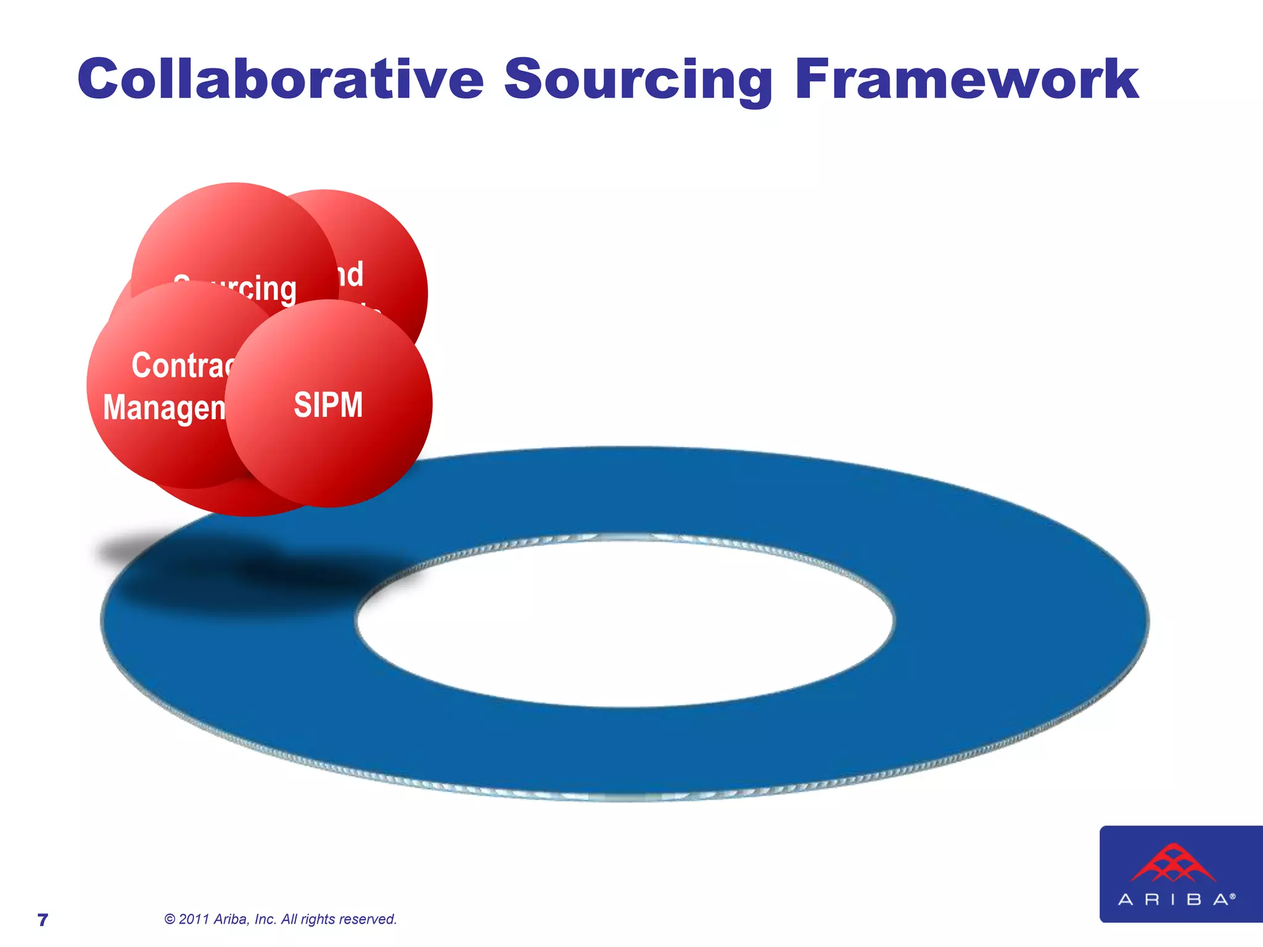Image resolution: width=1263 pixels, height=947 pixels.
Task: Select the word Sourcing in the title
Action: coord(638,80)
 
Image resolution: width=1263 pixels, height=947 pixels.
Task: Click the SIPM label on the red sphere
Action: coord(328,405)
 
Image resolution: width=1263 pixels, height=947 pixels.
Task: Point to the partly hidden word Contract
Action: coord(184,365)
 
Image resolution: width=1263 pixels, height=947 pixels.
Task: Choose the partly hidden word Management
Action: coord(165,408)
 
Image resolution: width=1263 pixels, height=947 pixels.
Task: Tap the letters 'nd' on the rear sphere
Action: coord(350,274)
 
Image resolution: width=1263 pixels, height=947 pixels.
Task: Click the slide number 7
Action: coord(43,920)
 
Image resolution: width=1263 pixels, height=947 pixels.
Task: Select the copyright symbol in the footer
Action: coord(170,919)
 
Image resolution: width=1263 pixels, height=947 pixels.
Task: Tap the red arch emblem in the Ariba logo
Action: coord(1173,863)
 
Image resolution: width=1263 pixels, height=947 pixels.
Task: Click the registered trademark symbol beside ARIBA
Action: coord(1233,896)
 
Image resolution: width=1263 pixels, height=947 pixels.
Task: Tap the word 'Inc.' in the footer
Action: coord(266,919)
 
